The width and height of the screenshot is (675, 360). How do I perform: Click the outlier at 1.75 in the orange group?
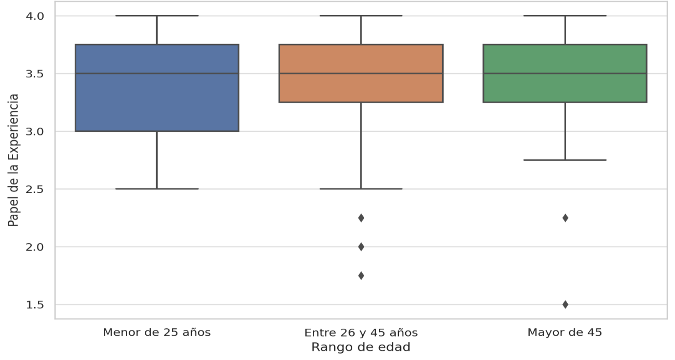tap(361, 275)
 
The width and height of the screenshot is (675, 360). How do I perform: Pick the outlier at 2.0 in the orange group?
tap(361, 246)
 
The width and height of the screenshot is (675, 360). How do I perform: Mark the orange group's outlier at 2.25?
tap(361, 218)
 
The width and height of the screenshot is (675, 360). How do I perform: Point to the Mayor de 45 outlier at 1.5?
tap(565, 304)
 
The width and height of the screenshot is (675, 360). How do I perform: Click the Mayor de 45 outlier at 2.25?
tap(565, 218)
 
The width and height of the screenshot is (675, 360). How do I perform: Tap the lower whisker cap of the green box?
tap(564, 160)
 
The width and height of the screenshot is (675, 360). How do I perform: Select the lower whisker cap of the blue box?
tap(157, 189)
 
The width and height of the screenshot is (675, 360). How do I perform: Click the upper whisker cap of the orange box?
tap(361, 16)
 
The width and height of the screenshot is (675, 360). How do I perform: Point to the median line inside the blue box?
tap(157, 74)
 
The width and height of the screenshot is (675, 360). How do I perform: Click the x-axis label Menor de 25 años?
tap(157, 333)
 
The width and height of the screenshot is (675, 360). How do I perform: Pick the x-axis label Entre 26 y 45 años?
tap(361, 333)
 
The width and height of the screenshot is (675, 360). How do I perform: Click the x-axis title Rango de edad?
tap(361, 348)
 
